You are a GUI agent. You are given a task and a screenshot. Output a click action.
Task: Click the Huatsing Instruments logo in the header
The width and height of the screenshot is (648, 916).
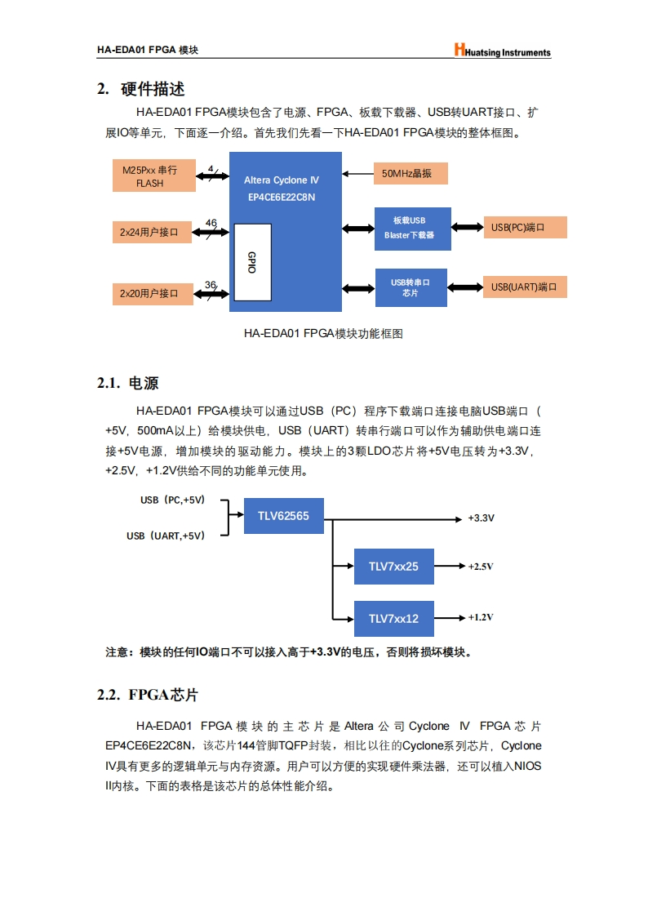[503, 51]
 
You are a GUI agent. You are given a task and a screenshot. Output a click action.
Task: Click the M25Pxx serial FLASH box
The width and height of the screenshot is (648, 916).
[153, 176]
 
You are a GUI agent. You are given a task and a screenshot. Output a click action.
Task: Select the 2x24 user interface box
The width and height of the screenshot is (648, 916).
[153, 232]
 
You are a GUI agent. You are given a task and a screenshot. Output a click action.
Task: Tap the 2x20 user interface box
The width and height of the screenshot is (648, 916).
[153, 292]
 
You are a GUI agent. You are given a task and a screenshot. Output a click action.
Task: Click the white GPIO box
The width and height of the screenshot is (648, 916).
[251, 261]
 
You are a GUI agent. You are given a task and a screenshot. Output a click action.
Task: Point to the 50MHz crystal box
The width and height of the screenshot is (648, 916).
[412, 173]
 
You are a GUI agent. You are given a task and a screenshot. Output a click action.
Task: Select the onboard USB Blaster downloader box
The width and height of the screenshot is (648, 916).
[411, 227]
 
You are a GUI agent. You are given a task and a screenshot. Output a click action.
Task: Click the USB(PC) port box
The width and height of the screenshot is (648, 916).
[526, 227]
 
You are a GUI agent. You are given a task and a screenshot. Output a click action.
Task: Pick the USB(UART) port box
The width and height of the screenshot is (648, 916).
[526, 287]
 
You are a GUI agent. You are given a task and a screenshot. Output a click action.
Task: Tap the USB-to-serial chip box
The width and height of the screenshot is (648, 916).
[411, 287]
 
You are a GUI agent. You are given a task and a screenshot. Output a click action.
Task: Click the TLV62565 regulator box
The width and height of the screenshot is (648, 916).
[283, 516]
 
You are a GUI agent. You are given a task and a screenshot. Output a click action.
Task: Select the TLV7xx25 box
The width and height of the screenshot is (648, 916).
[393, 567]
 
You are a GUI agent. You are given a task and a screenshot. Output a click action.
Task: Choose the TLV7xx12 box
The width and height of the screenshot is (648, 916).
[393, 618]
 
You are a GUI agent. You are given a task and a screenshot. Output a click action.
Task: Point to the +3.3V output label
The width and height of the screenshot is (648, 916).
[481, 518]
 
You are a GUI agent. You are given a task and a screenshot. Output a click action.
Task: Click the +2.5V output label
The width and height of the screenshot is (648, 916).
[481, 567]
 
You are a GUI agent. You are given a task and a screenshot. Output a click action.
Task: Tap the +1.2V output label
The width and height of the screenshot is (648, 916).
[481, 617]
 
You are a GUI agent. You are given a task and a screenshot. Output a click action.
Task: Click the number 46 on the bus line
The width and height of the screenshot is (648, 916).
[211, 223]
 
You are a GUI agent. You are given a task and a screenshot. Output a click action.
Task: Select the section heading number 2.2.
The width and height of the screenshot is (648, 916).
[109, 695]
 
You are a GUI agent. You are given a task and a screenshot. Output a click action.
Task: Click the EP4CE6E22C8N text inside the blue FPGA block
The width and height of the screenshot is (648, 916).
[281, 197]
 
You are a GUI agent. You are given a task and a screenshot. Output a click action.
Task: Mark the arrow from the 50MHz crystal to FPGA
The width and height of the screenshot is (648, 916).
[357, 173]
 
